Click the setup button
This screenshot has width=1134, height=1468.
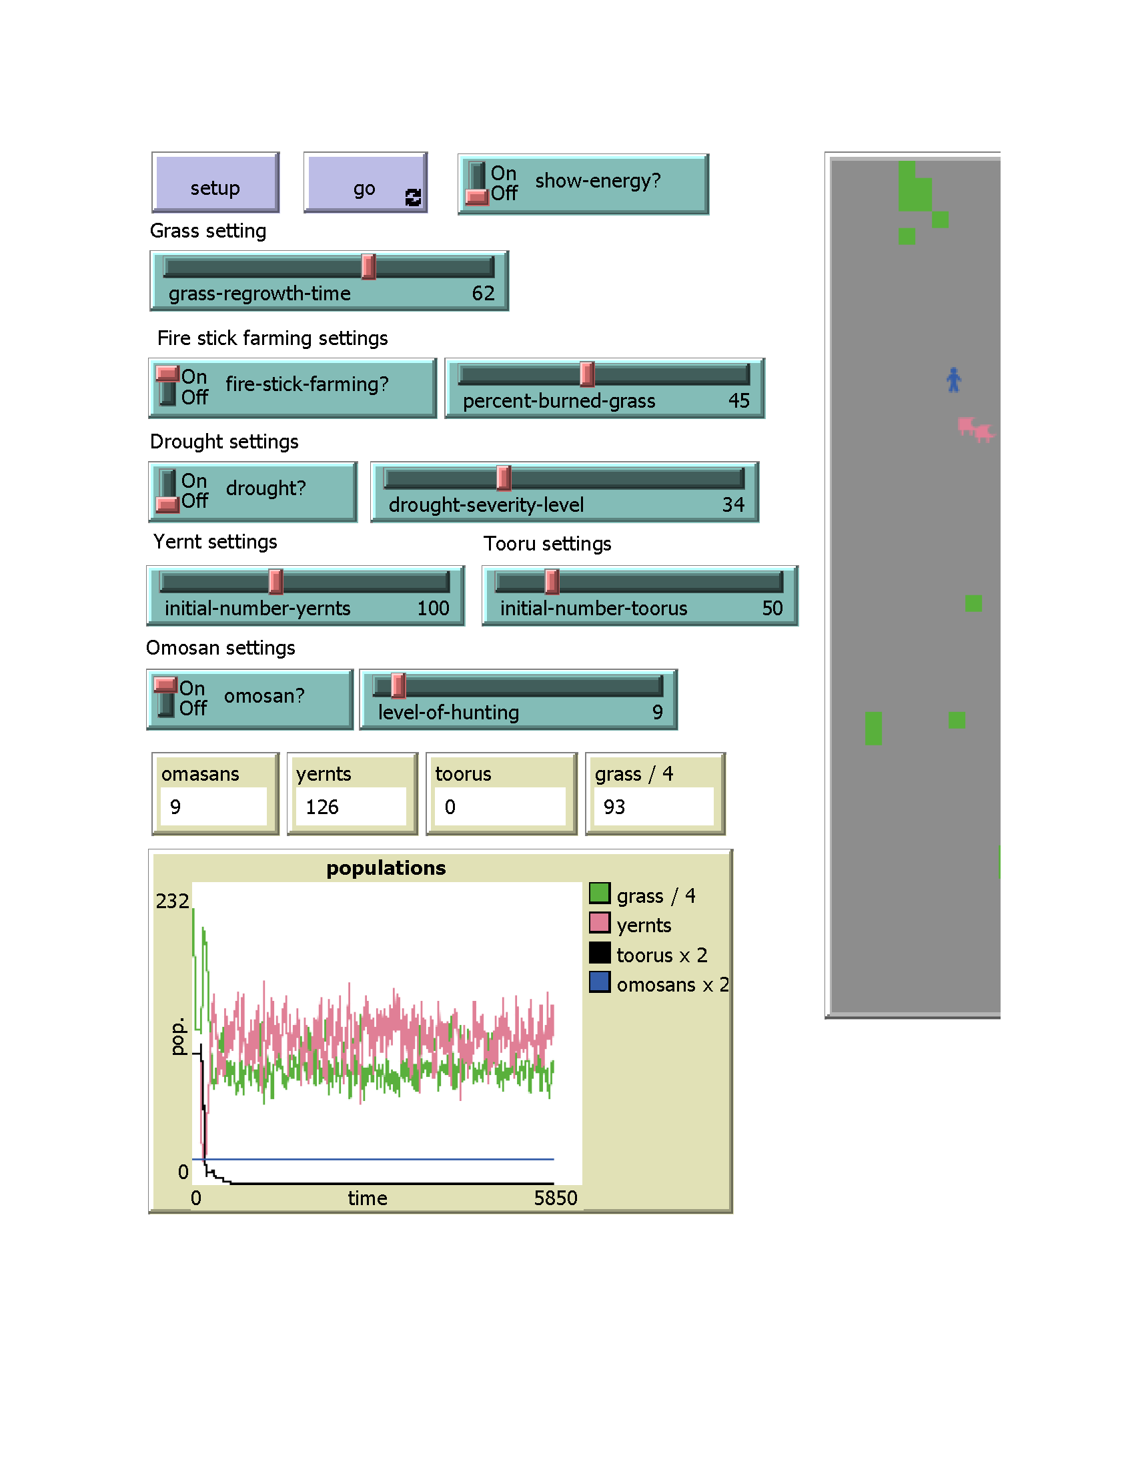click(215, 183)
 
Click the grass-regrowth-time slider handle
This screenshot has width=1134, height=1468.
click(368, 267)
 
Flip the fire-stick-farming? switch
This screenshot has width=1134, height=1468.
click(167, 386)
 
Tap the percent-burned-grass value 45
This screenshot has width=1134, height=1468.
click(738, 400)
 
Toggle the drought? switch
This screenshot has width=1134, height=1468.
click(167, 490)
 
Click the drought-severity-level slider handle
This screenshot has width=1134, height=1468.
click(503, 478)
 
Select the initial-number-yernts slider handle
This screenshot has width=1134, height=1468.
click(275, 581)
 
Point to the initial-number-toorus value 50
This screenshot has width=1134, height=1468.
click(772, 609)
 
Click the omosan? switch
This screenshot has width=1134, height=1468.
click(165, 697)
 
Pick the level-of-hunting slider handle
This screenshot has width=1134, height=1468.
click(398, 685)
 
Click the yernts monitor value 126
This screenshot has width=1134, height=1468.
click(322, 807)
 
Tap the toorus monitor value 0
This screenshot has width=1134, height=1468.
click(450, 807)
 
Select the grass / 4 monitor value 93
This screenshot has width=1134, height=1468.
click(614, 807)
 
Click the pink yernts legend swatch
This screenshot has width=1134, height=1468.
click(599, 923)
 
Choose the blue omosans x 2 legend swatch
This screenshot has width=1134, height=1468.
click(599, 982)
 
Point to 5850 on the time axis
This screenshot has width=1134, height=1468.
click(556, 1198)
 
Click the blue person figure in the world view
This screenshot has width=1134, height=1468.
click(953, 380)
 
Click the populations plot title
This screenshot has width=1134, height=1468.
click(386, 867)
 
